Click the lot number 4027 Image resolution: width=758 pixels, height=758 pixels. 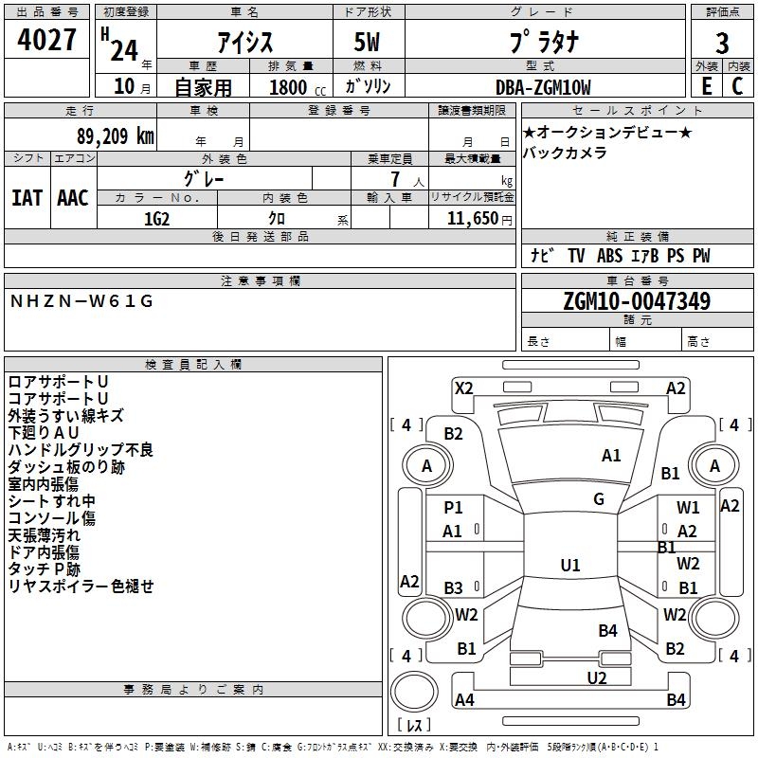47,42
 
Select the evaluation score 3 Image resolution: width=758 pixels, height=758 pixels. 722,44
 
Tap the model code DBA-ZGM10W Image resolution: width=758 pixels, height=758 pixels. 543,87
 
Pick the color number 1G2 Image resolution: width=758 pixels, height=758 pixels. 156,218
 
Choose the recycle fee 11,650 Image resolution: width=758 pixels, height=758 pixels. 471,218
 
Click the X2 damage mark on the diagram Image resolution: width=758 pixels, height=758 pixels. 464,388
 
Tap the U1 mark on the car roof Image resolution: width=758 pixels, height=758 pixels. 570,566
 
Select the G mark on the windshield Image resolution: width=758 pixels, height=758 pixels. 599,499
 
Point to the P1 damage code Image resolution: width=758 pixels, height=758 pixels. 454,508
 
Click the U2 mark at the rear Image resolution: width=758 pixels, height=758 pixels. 597,677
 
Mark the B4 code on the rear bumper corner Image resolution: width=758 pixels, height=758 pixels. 676,700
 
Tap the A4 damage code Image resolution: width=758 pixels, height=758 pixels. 464,700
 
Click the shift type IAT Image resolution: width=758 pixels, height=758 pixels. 27,198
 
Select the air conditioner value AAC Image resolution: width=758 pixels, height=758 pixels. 73,198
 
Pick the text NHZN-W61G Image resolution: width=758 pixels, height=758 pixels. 81,301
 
